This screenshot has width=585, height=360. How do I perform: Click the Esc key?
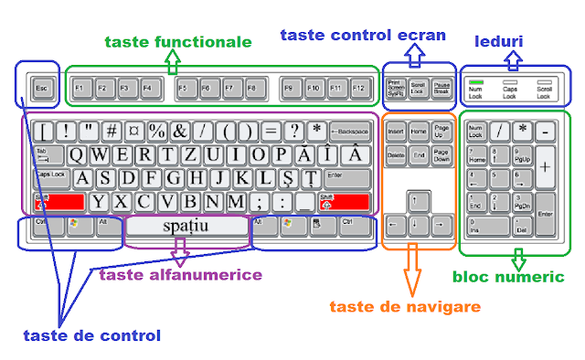click(40, 89)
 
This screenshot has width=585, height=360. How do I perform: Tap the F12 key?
click(357, 89)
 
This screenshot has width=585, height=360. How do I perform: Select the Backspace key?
click(351, 131)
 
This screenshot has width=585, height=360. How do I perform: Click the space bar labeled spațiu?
click(186, 224)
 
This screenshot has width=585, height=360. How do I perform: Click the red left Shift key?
click(60, 200)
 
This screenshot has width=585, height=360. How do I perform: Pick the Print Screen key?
click(397, 88)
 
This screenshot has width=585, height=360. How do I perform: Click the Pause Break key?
click(442, 88)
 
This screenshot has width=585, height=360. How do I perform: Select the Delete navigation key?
click(396, 155)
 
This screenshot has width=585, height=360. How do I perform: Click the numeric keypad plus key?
click(545, 167)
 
